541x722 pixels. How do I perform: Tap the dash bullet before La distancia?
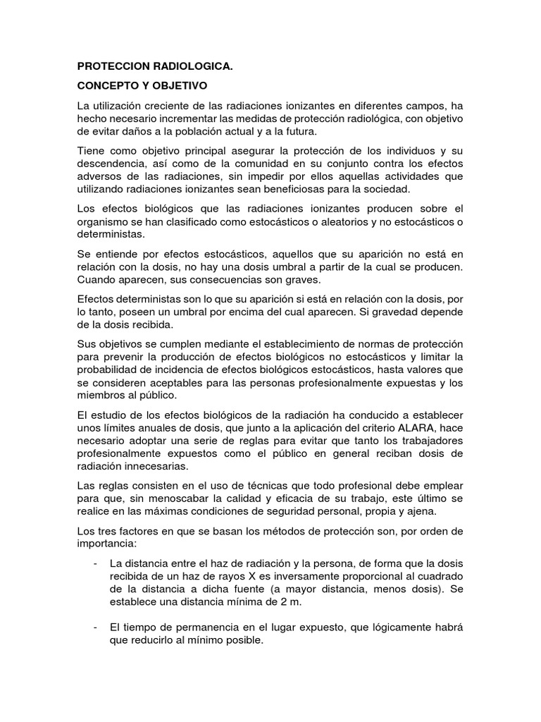click(x=95, y=543)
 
